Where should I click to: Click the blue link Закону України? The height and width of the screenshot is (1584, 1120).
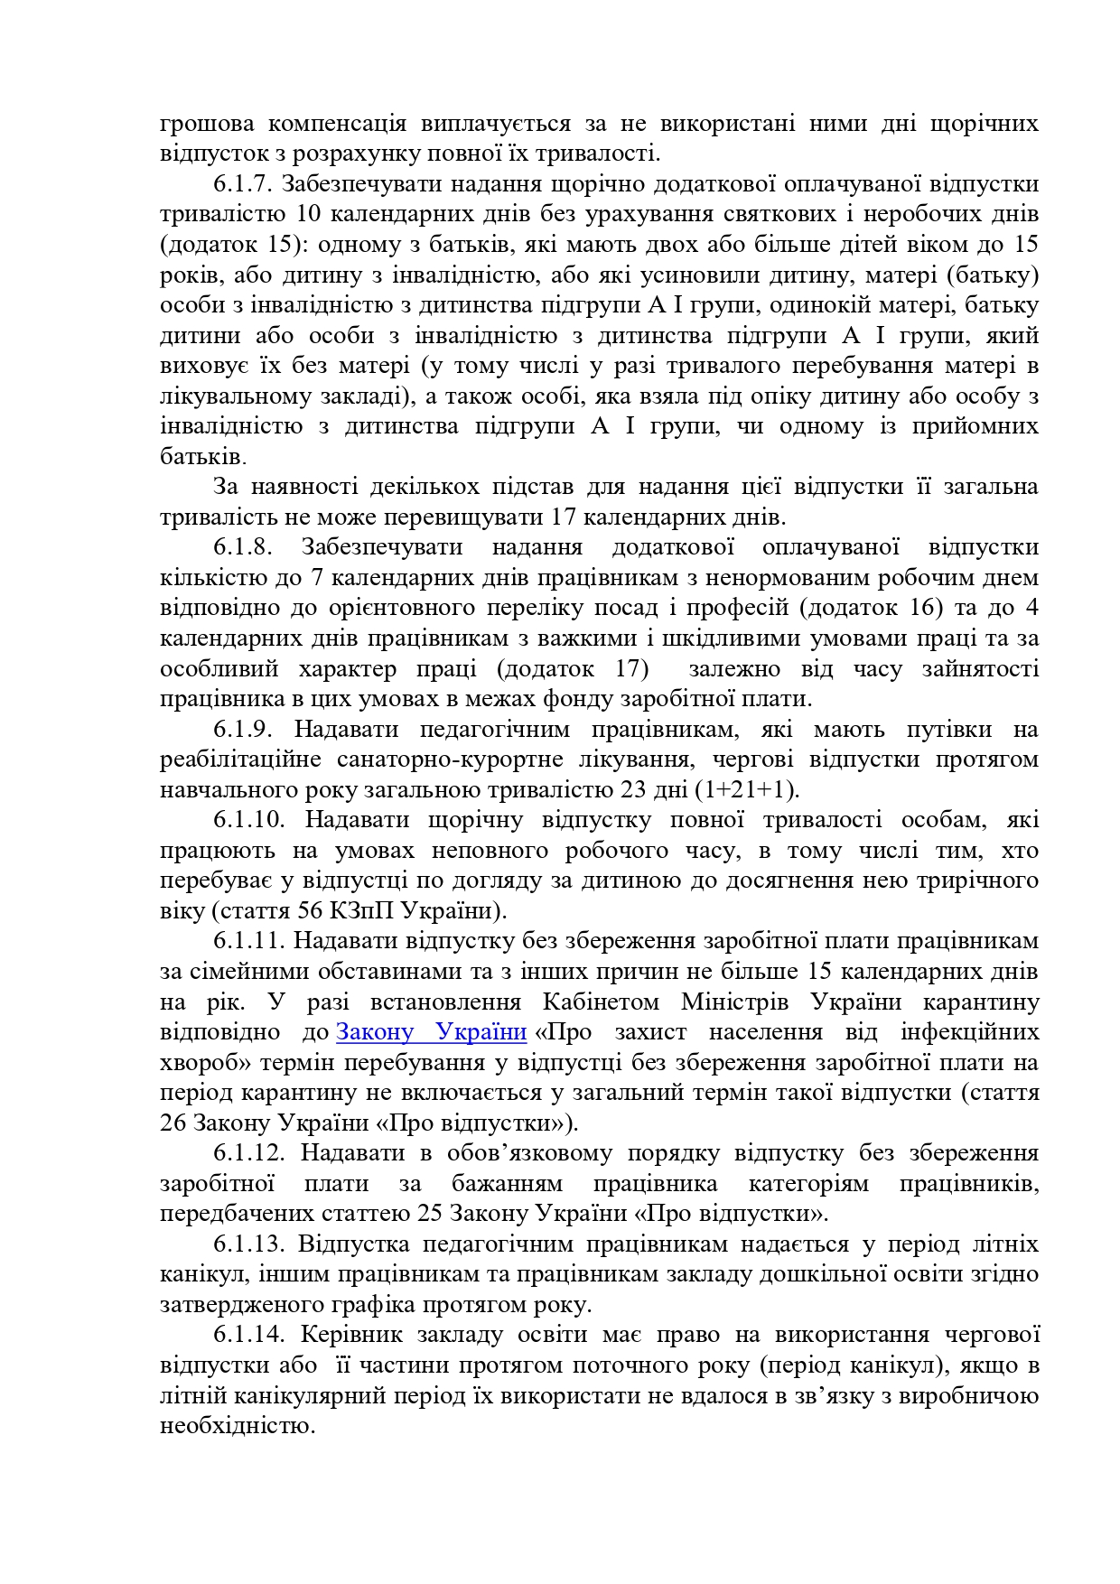coord(432,1032)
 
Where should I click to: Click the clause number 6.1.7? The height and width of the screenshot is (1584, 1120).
coord(243,184)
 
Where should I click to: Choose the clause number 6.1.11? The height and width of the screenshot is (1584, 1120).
coord(249,941)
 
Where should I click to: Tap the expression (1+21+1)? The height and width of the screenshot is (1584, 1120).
coord(747,790)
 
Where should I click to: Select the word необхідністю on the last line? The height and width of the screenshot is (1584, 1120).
coord(238,1427)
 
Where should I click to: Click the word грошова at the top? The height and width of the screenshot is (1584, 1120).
coord(207,124)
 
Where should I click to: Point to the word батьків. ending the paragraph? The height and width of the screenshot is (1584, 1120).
coord(202,457)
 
